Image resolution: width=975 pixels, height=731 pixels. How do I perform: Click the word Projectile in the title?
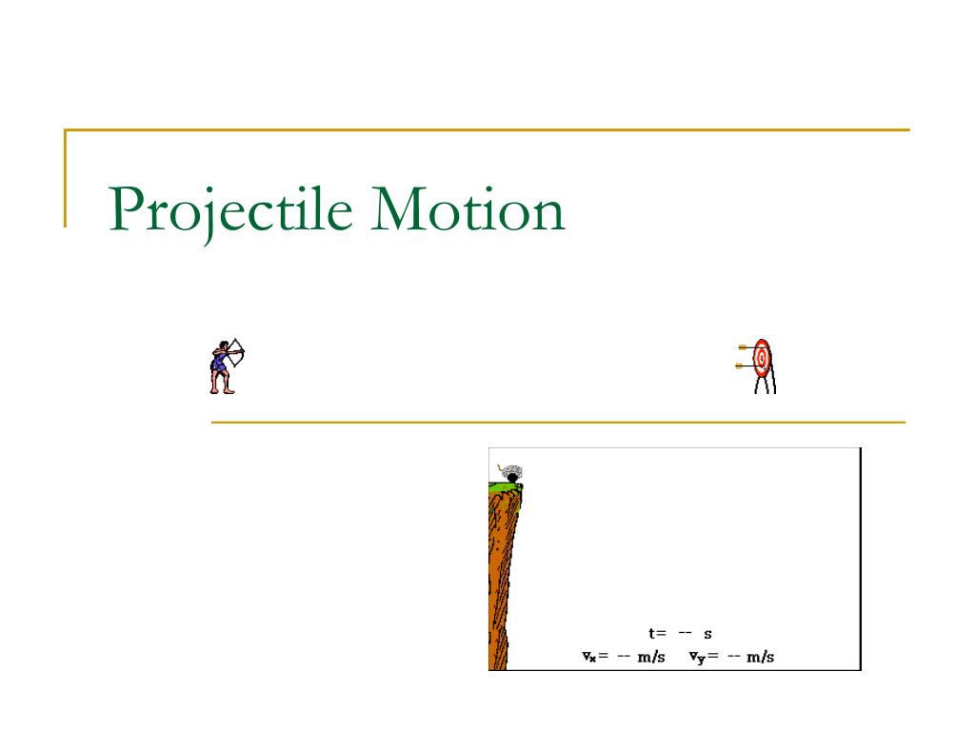point(230,211)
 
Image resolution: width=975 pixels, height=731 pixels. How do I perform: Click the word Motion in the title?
point(468,209)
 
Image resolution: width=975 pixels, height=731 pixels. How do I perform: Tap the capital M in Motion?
point(399,209)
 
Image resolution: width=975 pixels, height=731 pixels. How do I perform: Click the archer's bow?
point(238,352)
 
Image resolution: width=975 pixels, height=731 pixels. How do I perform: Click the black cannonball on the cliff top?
point(512,478)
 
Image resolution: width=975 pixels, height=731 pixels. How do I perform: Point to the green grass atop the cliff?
point(505,487)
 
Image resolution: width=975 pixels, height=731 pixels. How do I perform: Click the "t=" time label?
point(657,633)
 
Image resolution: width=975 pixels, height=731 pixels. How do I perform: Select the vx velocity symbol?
point(588,657)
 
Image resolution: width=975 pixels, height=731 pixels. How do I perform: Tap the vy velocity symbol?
point(696,658)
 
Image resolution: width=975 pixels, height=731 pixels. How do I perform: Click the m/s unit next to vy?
point(760,657)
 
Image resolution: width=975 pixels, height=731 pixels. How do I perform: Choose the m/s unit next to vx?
point(651,657)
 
